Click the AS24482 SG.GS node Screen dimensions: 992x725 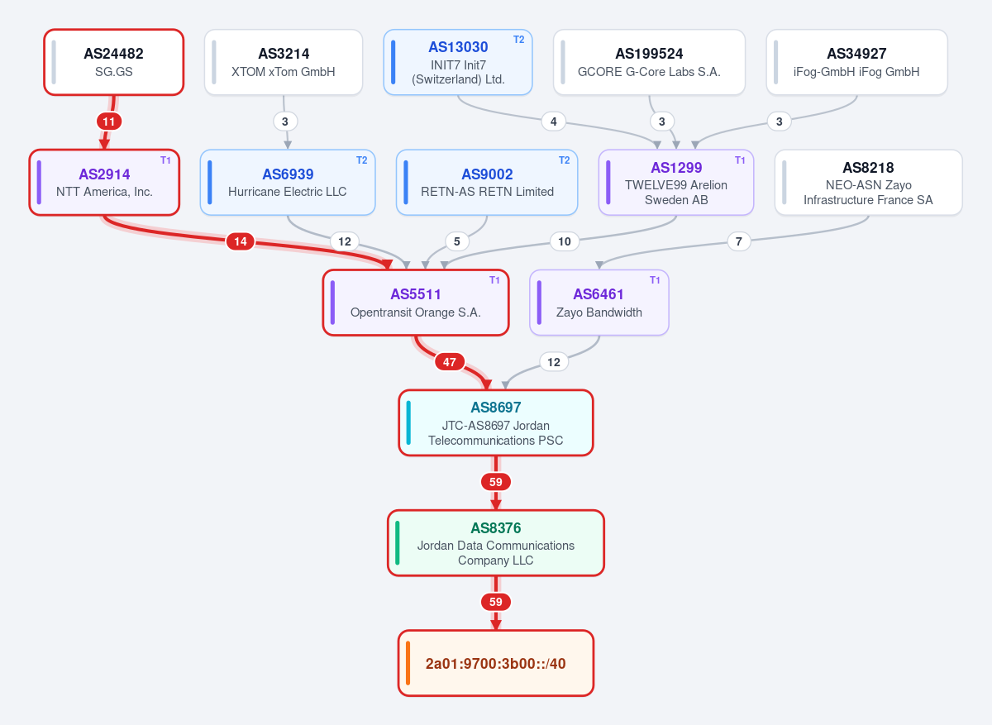pos(114,62)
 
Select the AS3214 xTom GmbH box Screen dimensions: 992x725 pos(284,62)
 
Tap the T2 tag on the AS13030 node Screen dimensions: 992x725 pos(518,40)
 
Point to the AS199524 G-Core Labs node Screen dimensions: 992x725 pos(649,62)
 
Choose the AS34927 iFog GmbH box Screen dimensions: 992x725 pos(856,62)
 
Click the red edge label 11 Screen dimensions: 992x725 pos(109,122)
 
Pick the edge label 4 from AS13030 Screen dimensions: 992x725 pos(554,122)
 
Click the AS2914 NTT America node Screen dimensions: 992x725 pos(104,183)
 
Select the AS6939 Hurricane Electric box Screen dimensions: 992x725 pos(288,183)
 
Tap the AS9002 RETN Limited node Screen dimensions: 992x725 pos(487,183)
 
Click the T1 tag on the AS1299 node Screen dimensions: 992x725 pos(740,160)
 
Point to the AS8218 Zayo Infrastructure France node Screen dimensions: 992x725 pos(869,183)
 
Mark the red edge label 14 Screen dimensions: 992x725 pos(241,241)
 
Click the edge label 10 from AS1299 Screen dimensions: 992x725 pos(564,241)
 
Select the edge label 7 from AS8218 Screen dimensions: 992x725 pos(739,241)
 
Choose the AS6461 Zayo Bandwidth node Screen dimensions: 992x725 pos(599,303)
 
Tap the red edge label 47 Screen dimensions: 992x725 pos(450,362)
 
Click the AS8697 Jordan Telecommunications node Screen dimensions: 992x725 pos(496,423)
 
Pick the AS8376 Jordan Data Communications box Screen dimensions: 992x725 pos(496,543)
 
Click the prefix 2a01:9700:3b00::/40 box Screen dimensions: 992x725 pos(496,663)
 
